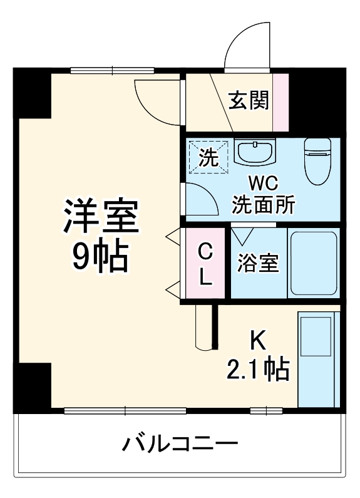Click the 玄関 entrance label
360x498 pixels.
pos(249,100)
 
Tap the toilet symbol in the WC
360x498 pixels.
pos(317,162)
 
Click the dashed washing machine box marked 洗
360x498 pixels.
pos(208,157)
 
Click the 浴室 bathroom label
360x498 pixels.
pos(259,263)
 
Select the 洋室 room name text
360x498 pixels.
pos(101,215)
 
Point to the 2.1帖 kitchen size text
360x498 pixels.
pos(258,369)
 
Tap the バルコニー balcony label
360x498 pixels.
pos(180,443)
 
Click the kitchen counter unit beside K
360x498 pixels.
pos(319,359)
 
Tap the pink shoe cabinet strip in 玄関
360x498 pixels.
pos(280,102)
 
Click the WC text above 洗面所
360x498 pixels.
pos(264,184)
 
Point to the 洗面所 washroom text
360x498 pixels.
pos(263,205)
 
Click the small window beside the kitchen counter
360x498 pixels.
pos(266,411)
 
